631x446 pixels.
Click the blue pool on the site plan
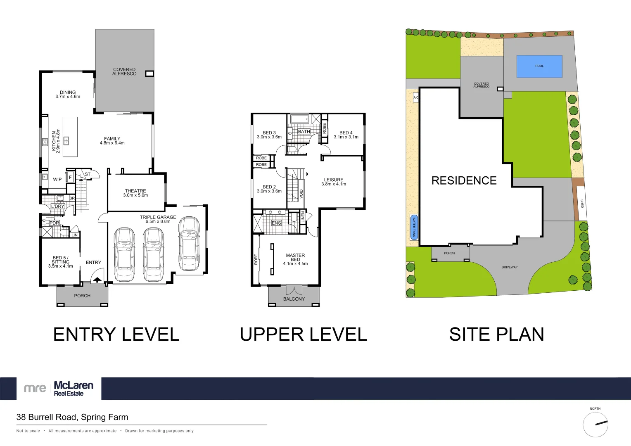coord(539,66)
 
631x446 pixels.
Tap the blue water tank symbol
coord(414,227)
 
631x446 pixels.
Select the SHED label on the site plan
coord(581,204)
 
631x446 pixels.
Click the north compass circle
coord(595,424)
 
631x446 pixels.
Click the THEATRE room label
coord(135,191)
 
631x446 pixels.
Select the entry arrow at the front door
coord(97,280)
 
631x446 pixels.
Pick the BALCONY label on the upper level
coord(294,299)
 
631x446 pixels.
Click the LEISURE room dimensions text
coord(334,184)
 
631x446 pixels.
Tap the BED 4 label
coord(346,133)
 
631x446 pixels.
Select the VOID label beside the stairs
coord(301,193)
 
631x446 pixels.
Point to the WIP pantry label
coord(57,180)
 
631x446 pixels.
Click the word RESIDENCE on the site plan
coord(464,180)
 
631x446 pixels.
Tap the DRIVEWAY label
coord(509,267)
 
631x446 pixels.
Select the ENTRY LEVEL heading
coord(116,334)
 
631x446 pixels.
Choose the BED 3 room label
coord(269,133)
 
